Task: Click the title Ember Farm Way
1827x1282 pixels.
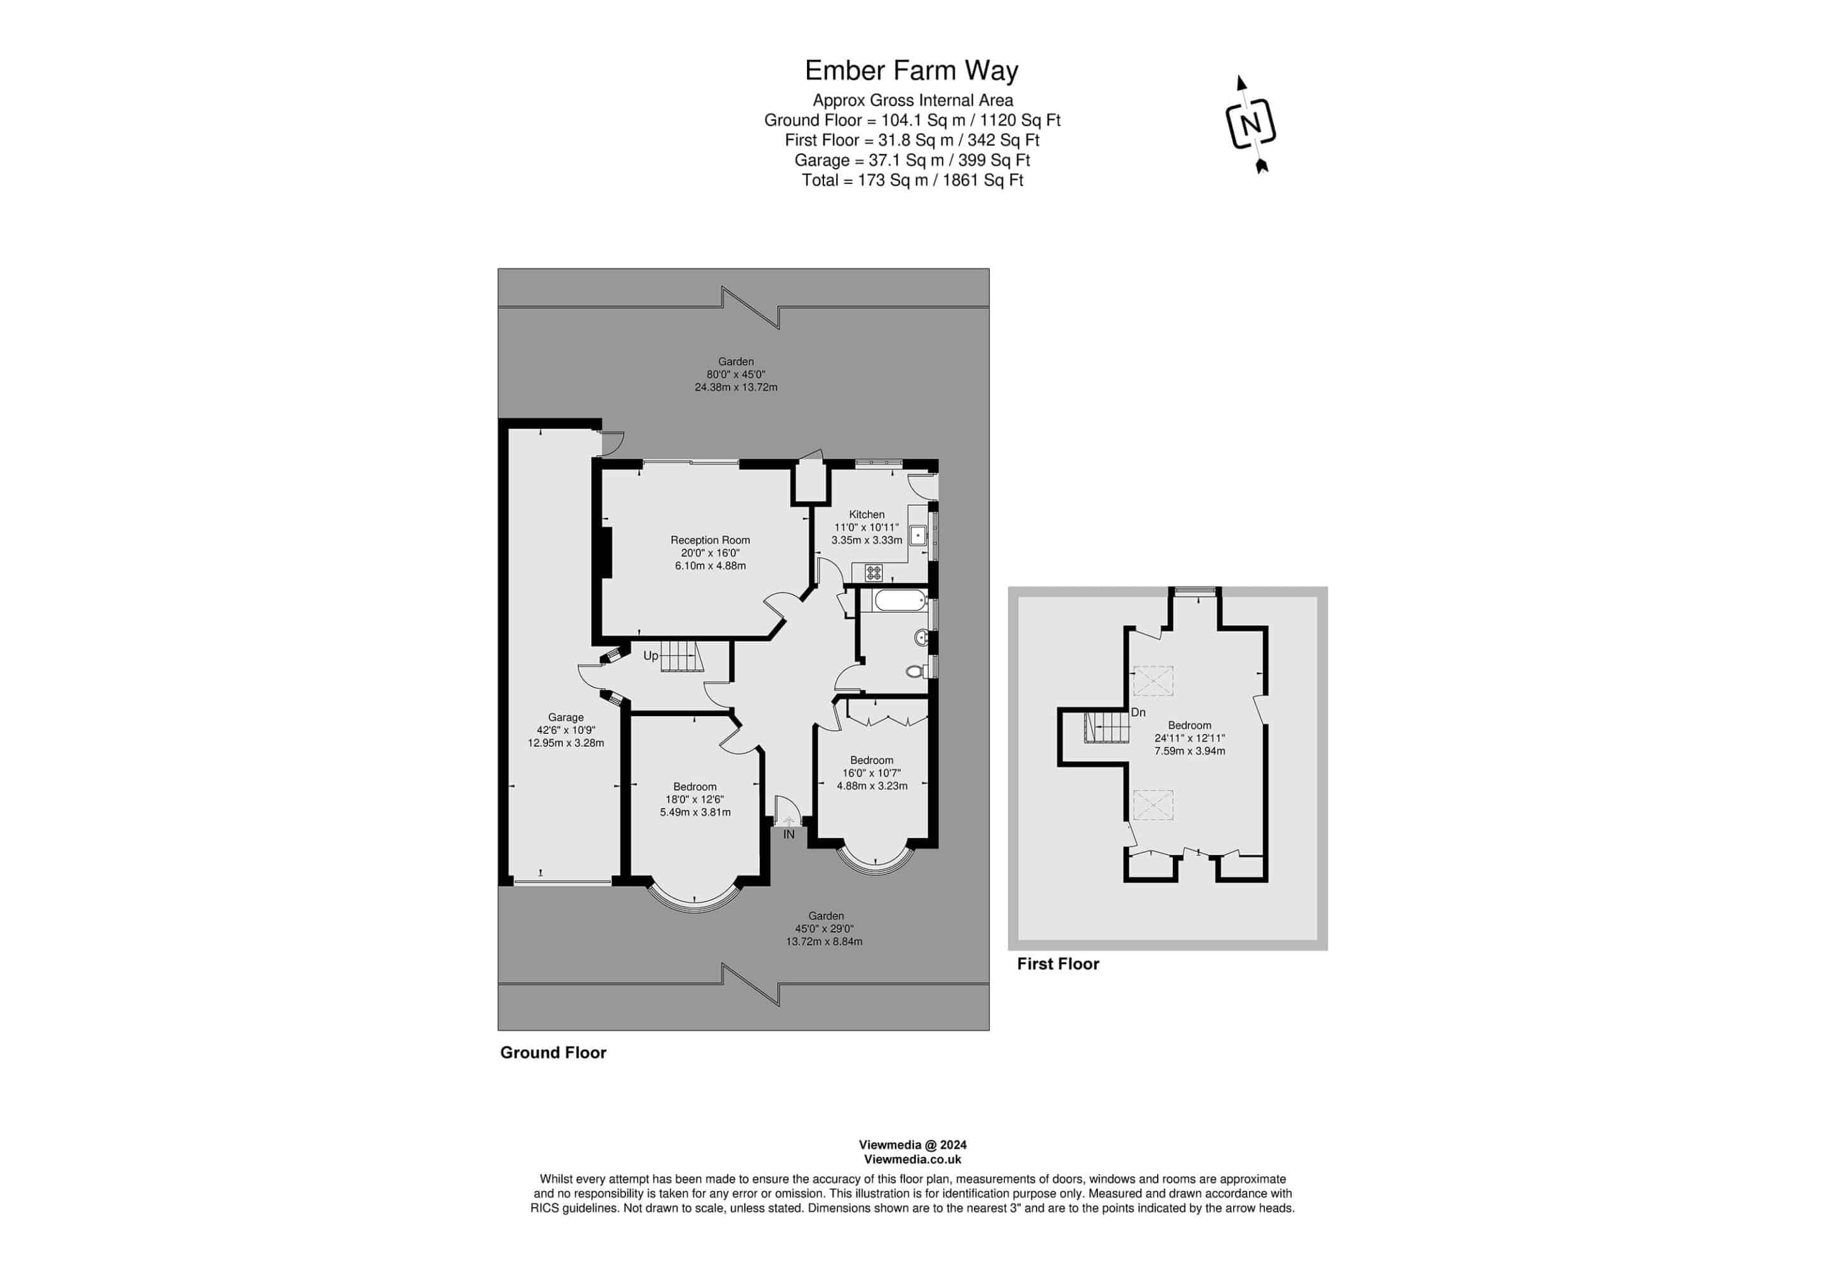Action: (912, 71)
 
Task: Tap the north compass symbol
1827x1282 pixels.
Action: (1251, 124)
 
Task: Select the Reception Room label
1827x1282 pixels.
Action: (710, 540)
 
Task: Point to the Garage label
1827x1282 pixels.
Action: (566, 717)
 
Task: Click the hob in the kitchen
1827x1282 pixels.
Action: (874, 572)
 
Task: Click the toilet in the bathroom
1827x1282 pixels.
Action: (917, 672)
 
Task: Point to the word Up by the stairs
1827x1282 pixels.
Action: (651, 657)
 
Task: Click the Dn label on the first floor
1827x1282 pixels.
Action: (1138, 713)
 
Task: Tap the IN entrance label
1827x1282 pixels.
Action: (789, 835)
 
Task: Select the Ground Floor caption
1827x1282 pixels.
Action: (553, 1053)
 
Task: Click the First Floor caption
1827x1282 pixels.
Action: (1058, 964)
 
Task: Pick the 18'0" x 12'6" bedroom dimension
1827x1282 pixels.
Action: (695, 800)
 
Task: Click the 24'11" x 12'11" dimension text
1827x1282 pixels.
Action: (1189, 738)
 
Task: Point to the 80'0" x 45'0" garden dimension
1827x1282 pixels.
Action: (736, 375)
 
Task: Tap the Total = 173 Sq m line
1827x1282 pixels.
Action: (912, 181)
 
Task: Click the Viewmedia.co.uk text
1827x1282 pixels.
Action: (913, 1160)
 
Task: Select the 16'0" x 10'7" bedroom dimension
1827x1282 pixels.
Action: (872, 773)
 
